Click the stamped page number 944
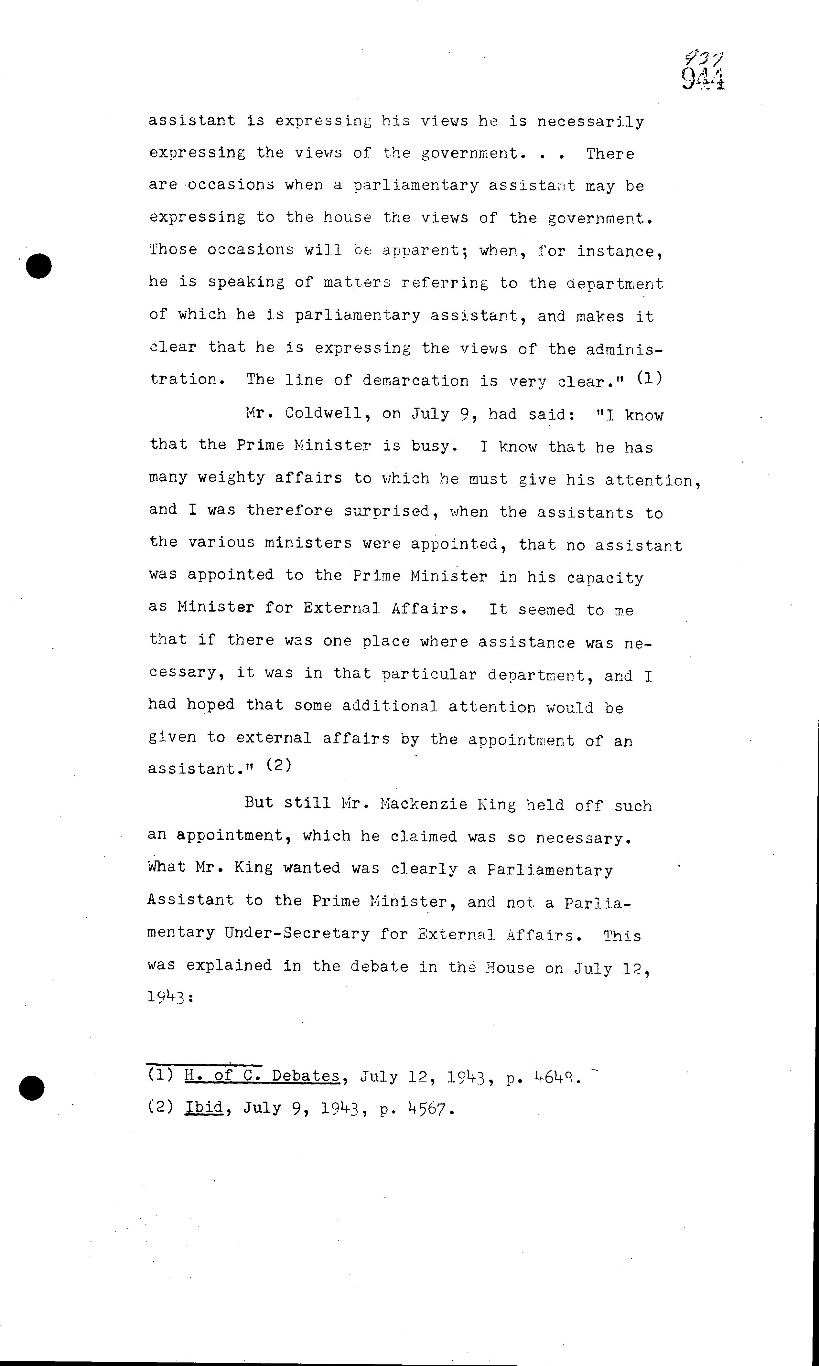703,80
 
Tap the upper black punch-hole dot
38,266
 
